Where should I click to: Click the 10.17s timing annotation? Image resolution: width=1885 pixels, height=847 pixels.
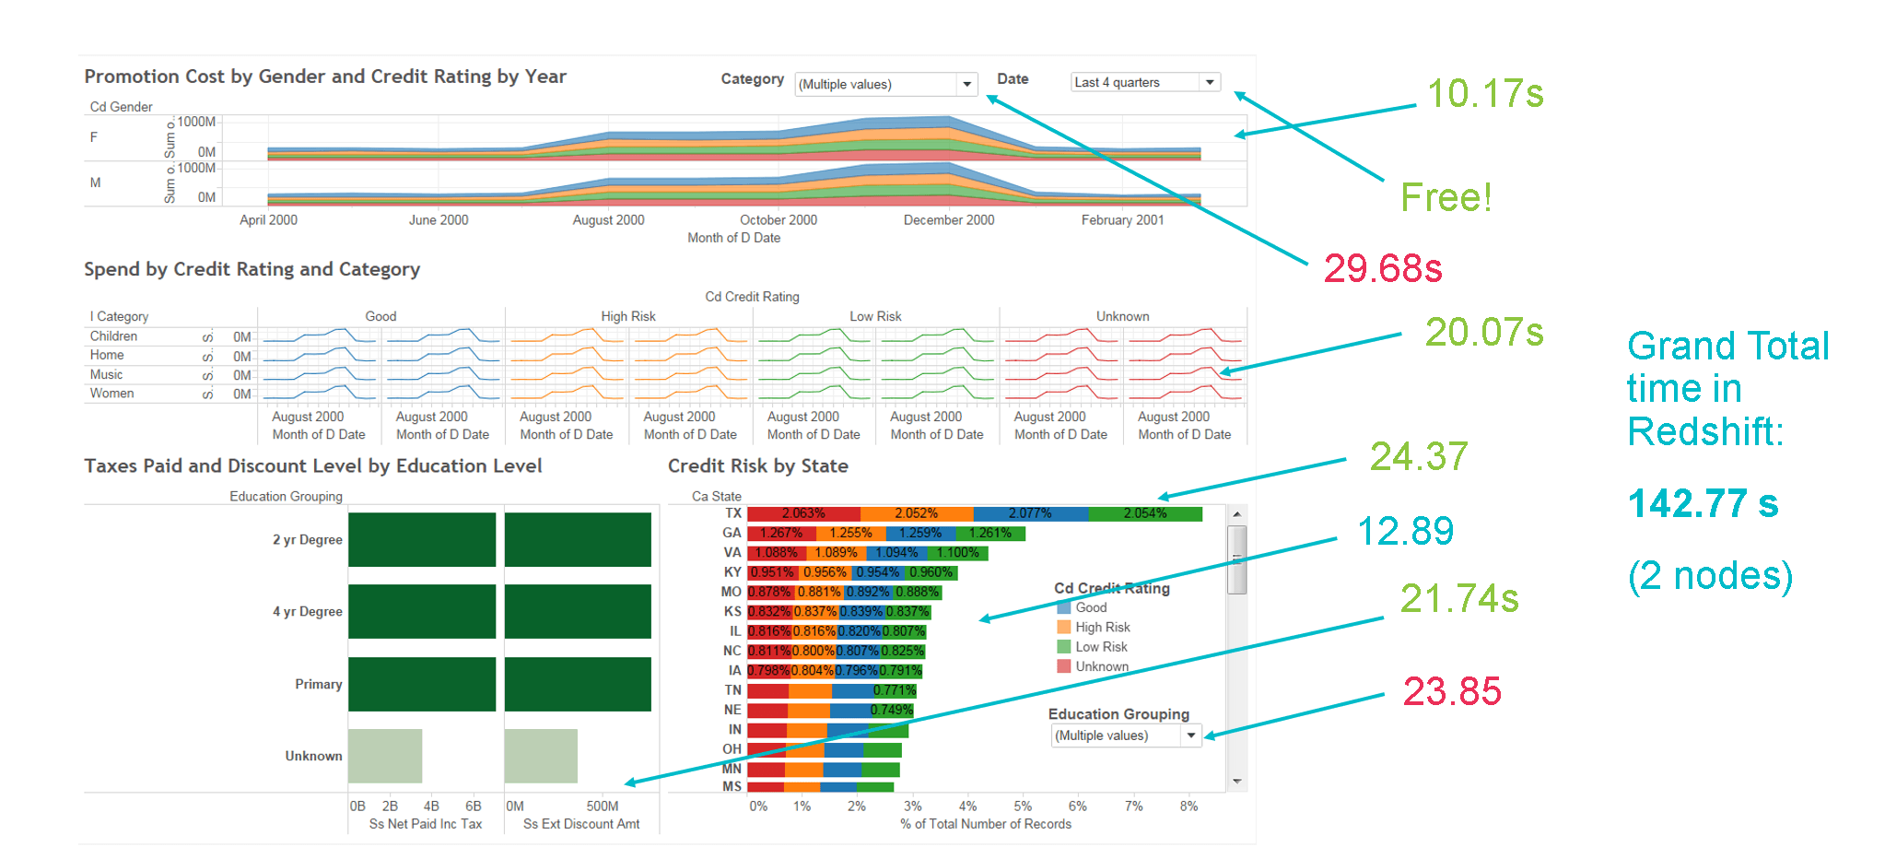tap(1484, 94)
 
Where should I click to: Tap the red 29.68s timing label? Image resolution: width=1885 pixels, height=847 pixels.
tap(1382, 268)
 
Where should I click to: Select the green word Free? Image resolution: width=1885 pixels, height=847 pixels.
tap(1445, 197)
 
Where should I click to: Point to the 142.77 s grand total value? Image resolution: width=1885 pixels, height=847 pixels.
tap(1703, 504)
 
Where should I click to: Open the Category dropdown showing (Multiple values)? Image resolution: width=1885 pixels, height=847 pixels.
tap(884, 84)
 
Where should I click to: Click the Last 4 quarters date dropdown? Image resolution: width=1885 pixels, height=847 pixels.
tap(1145, 82)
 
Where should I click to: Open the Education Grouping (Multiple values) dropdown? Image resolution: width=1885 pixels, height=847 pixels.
tap(1126, 735)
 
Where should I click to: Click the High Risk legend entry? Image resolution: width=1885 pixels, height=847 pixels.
tap(1102, 627)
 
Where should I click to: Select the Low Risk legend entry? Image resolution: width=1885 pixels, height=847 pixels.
tap(1101, 647)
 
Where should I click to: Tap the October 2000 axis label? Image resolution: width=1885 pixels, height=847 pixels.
tap(779, 220)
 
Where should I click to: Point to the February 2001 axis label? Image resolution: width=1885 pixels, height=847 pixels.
tap(1122, 220)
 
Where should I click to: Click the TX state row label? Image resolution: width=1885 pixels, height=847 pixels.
tap(733, 513)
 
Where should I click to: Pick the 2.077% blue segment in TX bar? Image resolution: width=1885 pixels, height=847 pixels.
tap(1030, 513)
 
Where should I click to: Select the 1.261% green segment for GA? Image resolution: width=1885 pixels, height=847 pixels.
tap(989, 533)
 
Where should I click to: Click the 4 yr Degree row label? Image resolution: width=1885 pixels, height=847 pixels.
tap(307, 612)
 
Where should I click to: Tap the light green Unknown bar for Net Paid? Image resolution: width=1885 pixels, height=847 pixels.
tap(385, 756)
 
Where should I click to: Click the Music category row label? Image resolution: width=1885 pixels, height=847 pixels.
tap(106, 374)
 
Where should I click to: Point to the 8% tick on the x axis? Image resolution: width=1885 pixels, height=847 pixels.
tap(1188, 806)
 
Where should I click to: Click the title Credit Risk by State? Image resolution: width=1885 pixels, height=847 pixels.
tap(757, 466)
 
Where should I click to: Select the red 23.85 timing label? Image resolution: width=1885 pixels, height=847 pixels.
tap(1451, 691)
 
